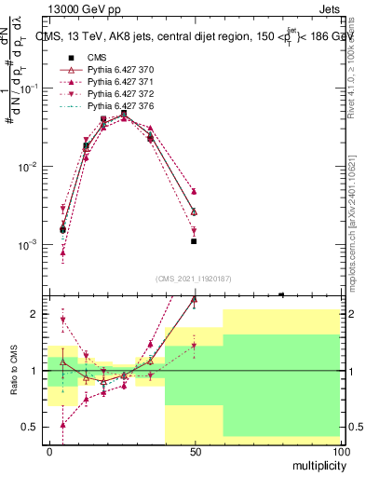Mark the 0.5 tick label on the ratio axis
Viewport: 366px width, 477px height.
pyautogui.click(x=30, y=427)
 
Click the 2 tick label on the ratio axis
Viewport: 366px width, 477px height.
pyautogui.click(x=35, y=314)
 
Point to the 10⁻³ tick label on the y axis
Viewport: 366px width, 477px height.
pyautogui.click(x=28, y=245)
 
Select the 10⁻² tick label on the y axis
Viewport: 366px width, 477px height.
pyautogui.click(x=28, y=167)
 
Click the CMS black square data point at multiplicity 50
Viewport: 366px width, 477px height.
pyautogui.click(x=194, y=241)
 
